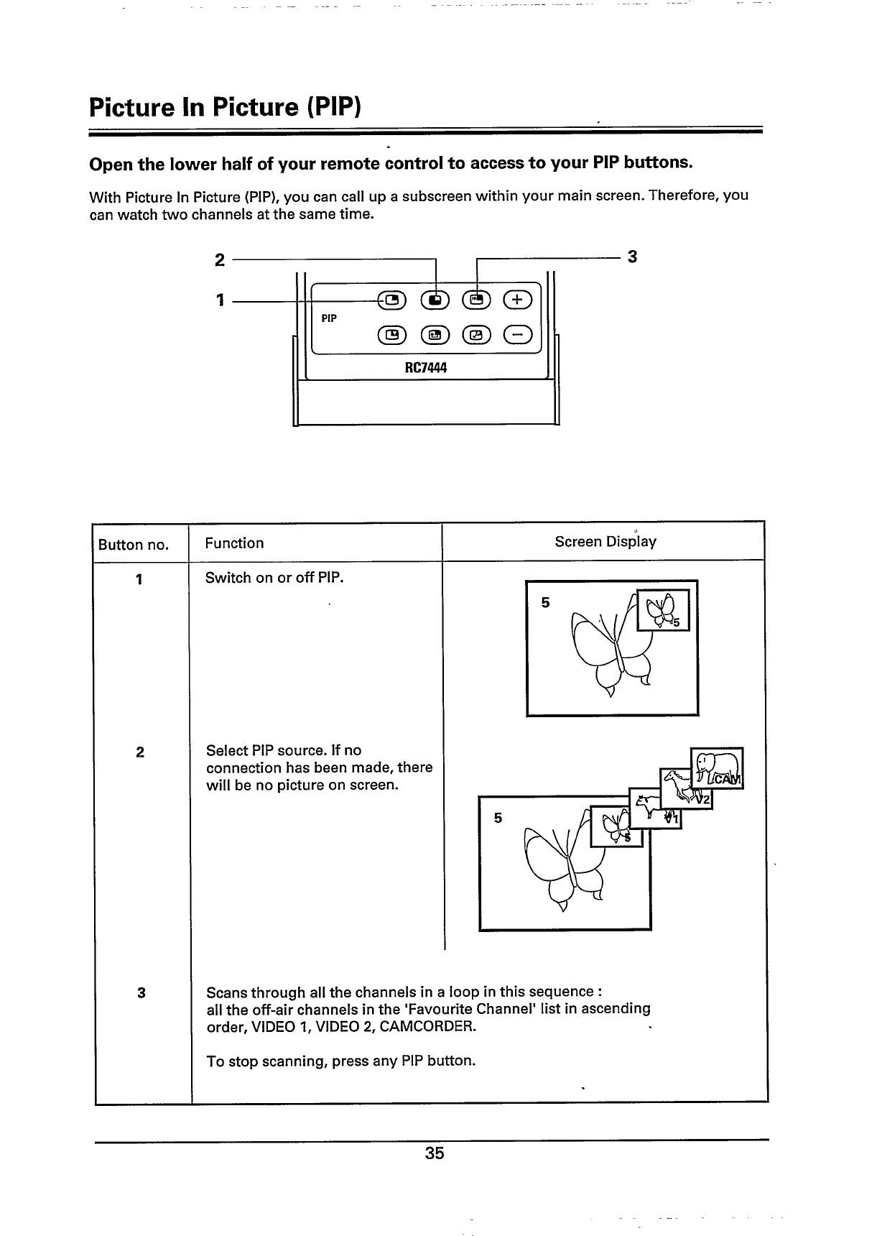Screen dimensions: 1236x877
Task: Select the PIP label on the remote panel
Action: click(329, 318)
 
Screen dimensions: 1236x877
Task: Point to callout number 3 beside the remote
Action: click(632, 257)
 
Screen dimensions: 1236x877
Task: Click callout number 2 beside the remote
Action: click(220, 259)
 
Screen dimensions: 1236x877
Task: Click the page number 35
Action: click(435, 1153)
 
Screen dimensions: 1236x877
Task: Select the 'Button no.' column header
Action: click(134, 545)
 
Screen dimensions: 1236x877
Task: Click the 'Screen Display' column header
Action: click(605, 542)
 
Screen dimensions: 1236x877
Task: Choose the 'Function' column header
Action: click(234, 543)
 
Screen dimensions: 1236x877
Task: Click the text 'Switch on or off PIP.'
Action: click(274, 578)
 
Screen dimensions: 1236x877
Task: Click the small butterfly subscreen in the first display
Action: click(663, 609)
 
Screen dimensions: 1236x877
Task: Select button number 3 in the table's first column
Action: click(141, 993)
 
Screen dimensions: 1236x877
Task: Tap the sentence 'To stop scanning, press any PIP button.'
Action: click(340, 1061)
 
